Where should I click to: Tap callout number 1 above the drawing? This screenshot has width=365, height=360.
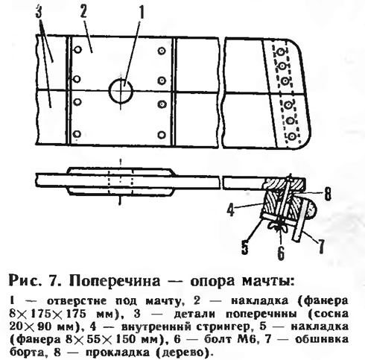click(141, 13)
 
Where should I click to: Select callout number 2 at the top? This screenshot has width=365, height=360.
click(83, 10)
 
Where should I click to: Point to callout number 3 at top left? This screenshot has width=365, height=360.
click(39, 10)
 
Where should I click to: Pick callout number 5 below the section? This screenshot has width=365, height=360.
click(245, 247)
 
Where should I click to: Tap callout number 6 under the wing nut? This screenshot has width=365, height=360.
click(281, 253)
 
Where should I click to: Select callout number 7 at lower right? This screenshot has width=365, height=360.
click(321, 247)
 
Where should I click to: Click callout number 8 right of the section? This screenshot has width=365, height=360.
click(328, 194)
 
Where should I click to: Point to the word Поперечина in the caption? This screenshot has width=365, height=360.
click(115, 281)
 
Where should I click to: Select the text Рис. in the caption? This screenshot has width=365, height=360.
click(25, 281)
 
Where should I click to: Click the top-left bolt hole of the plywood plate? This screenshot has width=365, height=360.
click(77, 50)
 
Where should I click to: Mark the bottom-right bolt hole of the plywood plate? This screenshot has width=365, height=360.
click(162, 135)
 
